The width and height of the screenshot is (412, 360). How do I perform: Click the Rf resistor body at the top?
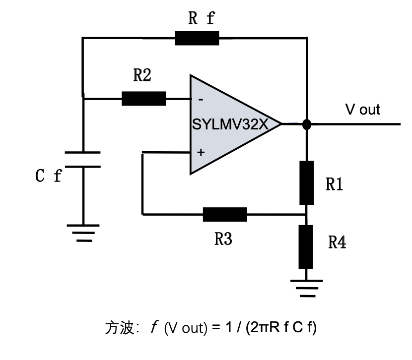(197, 38)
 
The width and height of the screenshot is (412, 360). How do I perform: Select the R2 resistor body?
(143, 98)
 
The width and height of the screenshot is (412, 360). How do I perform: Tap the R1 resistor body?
(307, 182)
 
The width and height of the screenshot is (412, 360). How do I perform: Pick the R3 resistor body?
(225, 214)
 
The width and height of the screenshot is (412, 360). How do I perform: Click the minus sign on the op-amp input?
(201, 99)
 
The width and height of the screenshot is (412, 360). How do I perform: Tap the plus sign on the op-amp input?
(201, 152)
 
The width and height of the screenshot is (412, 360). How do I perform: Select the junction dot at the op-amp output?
(307, 124)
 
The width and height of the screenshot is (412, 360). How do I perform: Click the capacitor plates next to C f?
(83, 160)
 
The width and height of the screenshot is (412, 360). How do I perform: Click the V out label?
(362, 110)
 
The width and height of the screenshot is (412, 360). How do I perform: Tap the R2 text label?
(142, 75)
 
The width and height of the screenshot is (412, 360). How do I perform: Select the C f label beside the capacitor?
(49, 176)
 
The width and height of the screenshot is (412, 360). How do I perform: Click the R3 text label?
(223, 239)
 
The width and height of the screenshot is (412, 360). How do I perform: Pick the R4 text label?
(338, 242)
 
